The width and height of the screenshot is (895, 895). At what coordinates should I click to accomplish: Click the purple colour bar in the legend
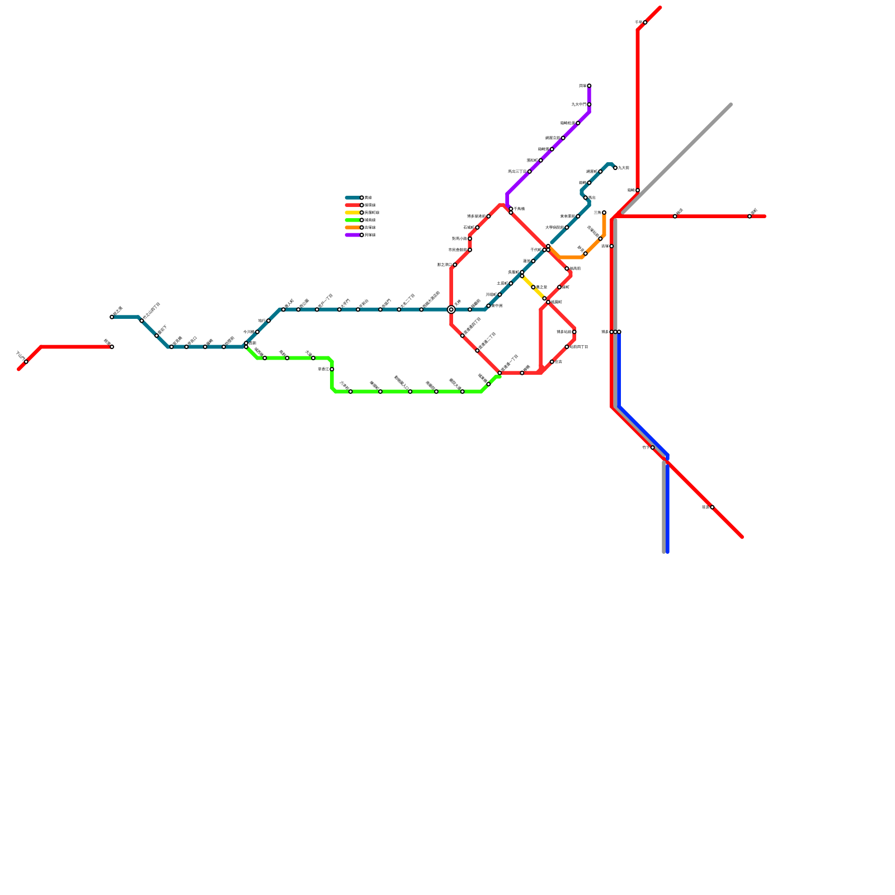353,235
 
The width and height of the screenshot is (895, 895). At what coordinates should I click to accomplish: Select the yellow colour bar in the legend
353,213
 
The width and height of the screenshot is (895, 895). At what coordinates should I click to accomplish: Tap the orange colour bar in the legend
353,228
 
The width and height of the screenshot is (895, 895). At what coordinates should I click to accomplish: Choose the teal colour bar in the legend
353,197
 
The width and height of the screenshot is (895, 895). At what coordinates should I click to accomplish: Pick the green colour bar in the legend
353,220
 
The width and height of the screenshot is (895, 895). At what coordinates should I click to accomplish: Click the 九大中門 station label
578,105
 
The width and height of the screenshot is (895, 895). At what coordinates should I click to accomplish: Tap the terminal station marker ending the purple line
589,86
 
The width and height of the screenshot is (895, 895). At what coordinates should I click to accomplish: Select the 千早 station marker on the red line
645,22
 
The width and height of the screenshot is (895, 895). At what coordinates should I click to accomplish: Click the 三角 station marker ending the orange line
604,213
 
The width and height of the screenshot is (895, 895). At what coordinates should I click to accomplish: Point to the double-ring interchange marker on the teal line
451,309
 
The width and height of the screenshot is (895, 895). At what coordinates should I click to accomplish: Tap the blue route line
643,431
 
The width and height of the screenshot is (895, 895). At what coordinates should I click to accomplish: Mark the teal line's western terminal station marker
112,317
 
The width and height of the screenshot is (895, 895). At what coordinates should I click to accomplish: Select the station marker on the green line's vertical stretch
332,369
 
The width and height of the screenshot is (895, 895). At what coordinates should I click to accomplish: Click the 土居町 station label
502,284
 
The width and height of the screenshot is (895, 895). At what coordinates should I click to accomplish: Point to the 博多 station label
605,332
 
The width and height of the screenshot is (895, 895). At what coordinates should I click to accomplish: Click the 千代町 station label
536,250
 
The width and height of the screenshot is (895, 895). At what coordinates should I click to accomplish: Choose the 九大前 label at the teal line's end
623,168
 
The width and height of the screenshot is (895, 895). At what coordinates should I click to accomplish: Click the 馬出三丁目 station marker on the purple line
529,172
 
